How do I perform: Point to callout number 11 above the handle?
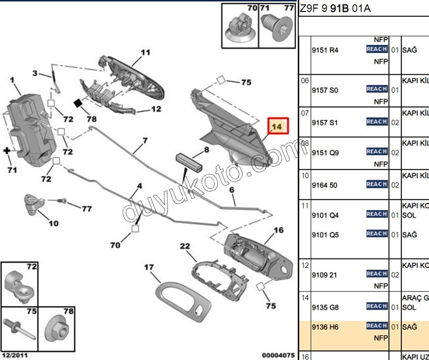coord(145,52)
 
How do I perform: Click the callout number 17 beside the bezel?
coord(148,268)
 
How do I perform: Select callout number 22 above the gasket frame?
coord(185,246)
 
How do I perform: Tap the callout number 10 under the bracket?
coord(53,223)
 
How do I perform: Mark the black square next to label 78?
coord(78,103)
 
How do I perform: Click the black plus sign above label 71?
coord(8,150)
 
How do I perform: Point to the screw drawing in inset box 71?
coord(276,28)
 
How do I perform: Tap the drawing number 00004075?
coord(277,355)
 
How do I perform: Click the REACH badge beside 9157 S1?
coord(377,122)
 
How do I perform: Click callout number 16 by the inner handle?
coord(278,231)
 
